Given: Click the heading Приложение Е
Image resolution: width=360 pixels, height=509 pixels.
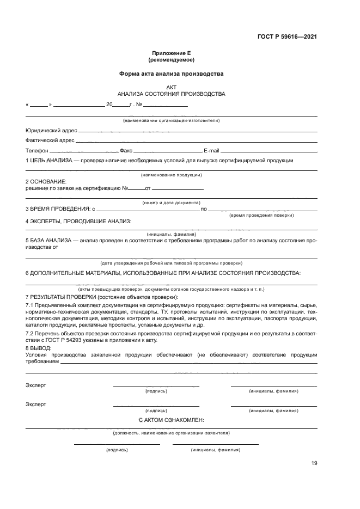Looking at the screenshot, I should click(171, 53).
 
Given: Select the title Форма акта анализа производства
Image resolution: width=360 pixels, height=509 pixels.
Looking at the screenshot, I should click(171, 73).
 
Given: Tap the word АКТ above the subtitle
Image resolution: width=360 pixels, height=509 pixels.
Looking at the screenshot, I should click(171, 87).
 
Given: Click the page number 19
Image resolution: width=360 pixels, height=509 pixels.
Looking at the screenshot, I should click(314, 463).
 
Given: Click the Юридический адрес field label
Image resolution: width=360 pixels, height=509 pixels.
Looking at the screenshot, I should click(51, 131).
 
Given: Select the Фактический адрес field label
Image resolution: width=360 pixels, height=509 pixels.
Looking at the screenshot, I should click(50, 140).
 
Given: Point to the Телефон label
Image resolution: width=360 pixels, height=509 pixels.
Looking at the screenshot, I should click(37, 150).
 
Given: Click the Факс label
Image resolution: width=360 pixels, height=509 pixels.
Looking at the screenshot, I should click(126, 150).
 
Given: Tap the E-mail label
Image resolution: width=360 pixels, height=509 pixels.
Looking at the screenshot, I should click(211, 150).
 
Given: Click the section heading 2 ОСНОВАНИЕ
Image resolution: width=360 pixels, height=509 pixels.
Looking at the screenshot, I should click(46, 181).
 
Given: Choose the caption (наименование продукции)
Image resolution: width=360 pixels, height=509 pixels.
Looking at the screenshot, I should click(171, 175).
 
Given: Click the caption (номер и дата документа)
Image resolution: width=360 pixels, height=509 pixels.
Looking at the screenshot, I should click(171, 203).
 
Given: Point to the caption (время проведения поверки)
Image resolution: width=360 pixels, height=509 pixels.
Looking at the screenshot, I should click(261, 215).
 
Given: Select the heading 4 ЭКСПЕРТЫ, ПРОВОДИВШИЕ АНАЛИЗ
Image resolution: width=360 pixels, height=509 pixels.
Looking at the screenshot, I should click(78, 221).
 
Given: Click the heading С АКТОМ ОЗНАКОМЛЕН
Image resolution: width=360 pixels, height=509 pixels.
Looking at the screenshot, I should click(171, 420).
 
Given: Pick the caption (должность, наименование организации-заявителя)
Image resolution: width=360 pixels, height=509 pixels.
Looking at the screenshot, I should click(171, 433).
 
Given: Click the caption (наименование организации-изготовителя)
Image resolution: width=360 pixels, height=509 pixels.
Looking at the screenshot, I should click(171, 120).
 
